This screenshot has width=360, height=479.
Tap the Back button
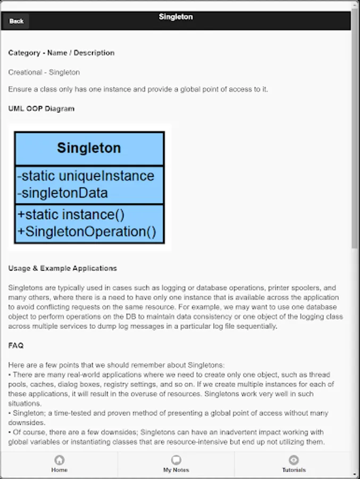click(16, 21)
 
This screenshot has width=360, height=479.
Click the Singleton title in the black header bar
click(175, 17)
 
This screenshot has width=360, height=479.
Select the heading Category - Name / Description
click(61, 53)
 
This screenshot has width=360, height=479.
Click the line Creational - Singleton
click(44, 72)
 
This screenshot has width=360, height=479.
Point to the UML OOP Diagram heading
click(41, 109)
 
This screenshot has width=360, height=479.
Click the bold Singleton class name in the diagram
click(89, 148)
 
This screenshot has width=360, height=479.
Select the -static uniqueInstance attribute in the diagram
click(86, 176)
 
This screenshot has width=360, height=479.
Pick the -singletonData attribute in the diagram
click(62, 193)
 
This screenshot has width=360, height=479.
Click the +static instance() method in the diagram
click(71, 214)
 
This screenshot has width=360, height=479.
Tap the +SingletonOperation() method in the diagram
click(87, 232)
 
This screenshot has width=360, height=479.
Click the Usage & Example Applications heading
click(63, 268)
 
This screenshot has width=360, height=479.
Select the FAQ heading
click(16, 345)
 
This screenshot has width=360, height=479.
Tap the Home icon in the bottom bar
click(60, 460)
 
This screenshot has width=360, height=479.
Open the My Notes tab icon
click(176, 460)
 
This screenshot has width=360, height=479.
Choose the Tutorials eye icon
click(294, 460)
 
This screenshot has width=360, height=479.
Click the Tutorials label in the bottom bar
click(294, 470)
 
